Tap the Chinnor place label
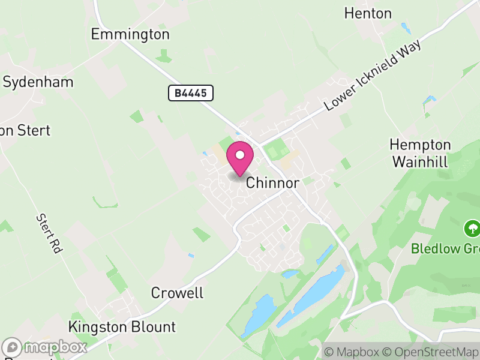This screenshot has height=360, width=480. [x=272, y=183]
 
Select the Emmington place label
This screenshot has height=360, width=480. [x=130, y=34]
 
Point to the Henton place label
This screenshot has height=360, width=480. [x=368, y=13]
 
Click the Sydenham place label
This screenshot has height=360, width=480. [x=38, y=82]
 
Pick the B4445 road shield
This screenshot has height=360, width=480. [x=191, y=93]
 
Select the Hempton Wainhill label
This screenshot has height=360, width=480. [x=420, y=153]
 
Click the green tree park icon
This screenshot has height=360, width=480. [x=472, y=228]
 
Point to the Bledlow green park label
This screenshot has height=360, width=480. [x=445, y=248]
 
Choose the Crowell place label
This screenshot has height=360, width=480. [x=177, y=293]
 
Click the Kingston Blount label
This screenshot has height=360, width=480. [x=122, y=327]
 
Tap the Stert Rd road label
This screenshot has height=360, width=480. [x=49, y=233]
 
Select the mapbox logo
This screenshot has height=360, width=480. [x=45, y=347]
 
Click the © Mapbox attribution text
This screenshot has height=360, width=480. [x=353, y=352]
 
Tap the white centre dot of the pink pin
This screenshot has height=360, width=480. [x=240, y=155]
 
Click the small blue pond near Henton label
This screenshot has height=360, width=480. [x=406, y=28]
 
